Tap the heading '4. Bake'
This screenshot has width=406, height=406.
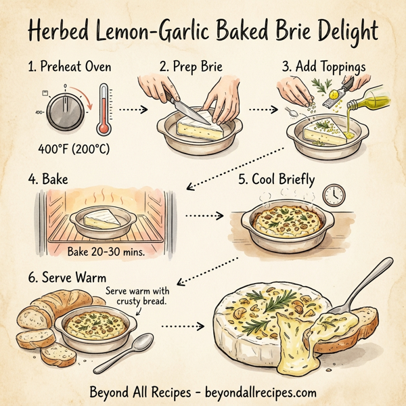click(x=43, y=181)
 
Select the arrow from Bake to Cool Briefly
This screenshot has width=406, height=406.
click(x=203, y=216)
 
